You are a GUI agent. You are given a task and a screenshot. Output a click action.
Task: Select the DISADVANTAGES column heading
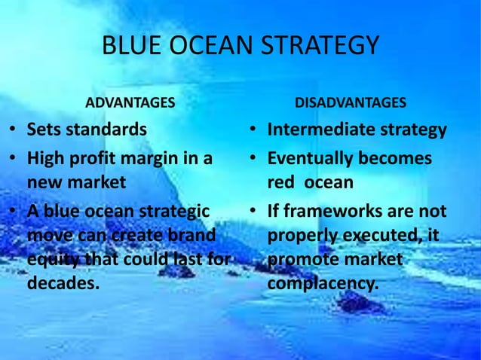350,102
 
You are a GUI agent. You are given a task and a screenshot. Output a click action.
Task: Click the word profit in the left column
95,159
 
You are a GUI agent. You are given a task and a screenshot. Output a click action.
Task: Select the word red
280,184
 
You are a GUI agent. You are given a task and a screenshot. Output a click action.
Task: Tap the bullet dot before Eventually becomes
255,160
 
